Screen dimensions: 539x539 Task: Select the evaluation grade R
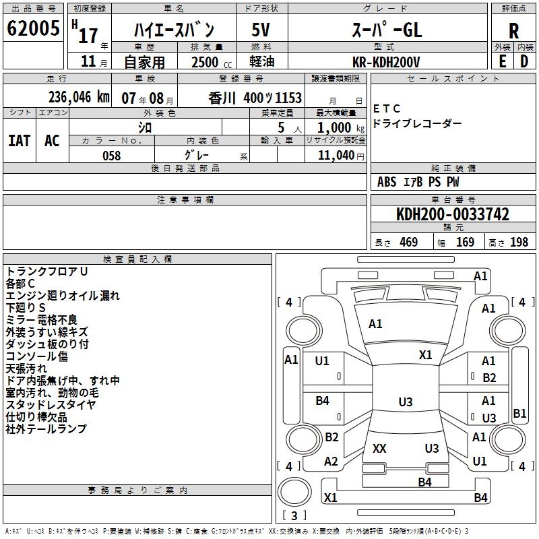point(513,31)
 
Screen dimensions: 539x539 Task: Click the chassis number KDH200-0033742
point(453,214)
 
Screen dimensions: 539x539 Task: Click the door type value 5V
point(261,30)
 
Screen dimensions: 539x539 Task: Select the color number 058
point(111,156)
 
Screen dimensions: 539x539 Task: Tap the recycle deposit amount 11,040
point(335,156)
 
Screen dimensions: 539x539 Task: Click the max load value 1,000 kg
point(334,127)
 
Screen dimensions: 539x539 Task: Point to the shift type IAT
point(19,141)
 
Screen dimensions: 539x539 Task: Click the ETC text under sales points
point(386,108)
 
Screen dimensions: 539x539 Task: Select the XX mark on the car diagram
point(379,448)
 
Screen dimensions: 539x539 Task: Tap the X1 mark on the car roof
point(425,355)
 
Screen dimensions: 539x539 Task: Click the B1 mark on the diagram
point(519,414)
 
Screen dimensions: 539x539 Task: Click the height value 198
point(519,243)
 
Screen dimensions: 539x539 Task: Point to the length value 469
point(408,243)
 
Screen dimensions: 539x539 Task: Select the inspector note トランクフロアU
point(47,272)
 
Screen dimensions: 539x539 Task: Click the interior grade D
point(524,61)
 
